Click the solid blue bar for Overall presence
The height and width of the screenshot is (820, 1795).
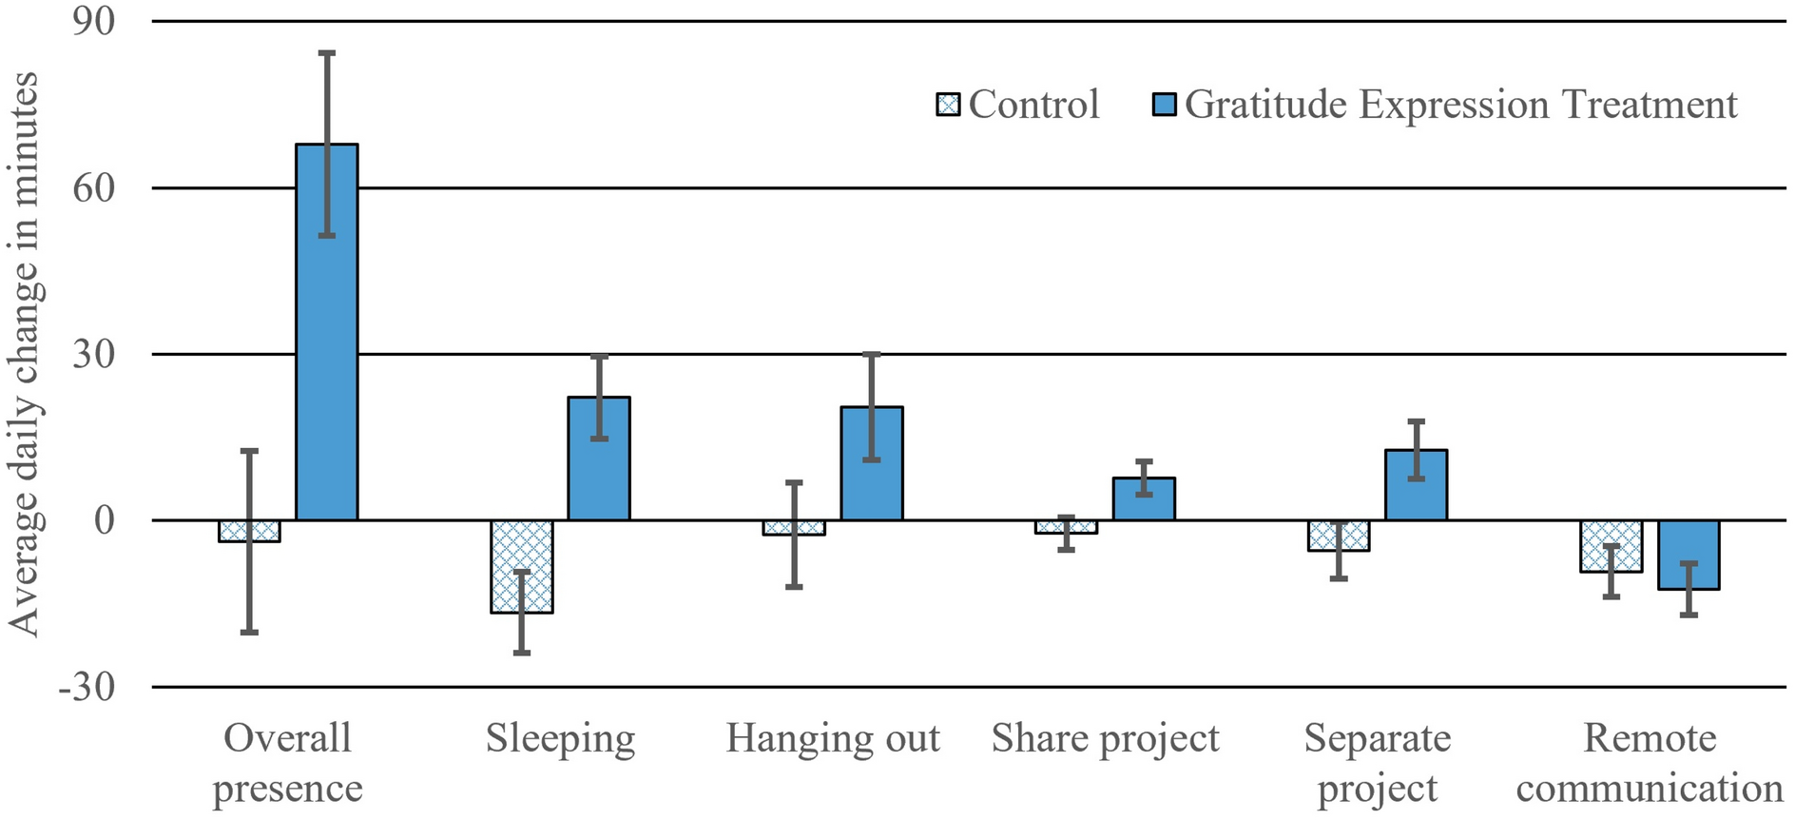pos(326,333)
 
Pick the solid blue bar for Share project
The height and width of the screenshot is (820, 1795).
pos(1144,499)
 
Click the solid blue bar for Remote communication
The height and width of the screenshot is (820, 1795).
pos(1689,556)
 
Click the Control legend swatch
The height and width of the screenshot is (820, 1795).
pos(948,104)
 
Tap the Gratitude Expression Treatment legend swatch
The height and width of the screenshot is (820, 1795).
pos(1164,104)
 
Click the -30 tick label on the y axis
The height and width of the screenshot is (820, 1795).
pos(87,687)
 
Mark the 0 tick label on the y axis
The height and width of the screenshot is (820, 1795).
pos(104,520)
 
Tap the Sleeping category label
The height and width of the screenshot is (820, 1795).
pos(560,739)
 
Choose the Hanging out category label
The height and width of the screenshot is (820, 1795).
pos(833,739)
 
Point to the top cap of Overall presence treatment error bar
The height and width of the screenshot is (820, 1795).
pos(326,53)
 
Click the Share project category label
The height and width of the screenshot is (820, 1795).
pos(1105,739)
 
